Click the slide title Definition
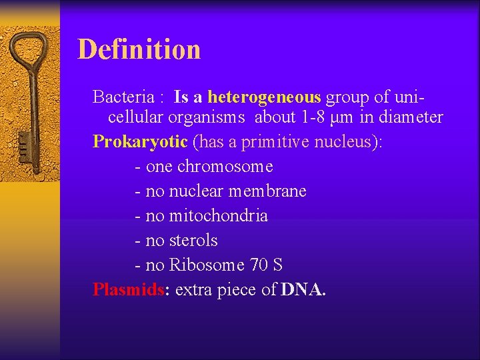point(139,49)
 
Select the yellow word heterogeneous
point(264,97)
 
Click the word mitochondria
point(218,216)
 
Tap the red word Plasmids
point(129,290)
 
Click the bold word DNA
point(303,290)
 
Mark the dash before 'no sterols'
point(137,241)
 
